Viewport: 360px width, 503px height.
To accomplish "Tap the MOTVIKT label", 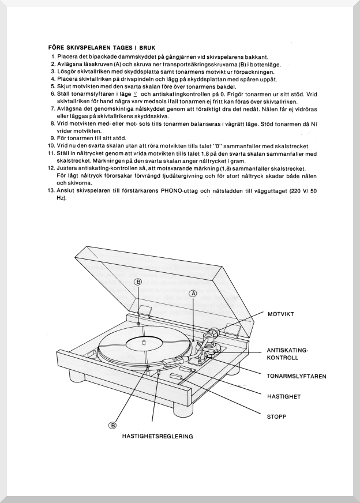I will [282, 314].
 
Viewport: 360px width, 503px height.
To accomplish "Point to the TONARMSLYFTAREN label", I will [297, 376].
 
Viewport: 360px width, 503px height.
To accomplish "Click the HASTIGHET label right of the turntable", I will [284, 397].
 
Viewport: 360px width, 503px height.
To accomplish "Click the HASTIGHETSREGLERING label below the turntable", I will [157, 436].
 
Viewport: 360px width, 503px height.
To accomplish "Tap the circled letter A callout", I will [193, 293].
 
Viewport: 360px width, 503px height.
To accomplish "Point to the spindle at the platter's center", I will [142, 341].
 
